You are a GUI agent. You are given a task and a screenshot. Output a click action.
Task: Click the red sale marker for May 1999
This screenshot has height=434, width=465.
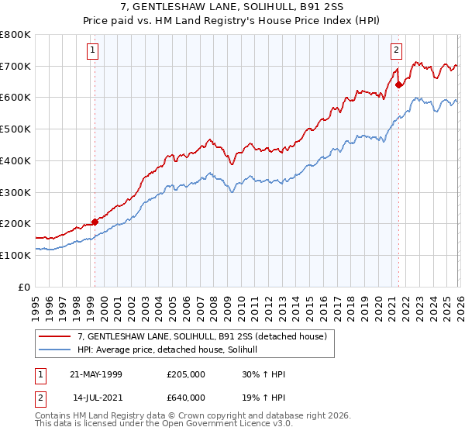(95, 222)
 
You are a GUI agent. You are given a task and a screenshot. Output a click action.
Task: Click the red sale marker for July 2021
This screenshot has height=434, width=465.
(398, 85)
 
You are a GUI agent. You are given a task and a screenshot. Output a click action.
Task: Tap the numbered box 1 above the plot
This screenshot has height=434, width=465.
(92, 50)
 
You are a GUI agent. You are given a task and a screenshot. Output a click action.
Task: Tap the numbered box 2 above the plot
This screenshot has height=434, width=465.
(396, 50)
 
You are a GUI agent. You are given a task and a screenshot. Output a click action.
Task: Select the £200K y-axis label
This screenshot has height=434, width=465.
(15, 223)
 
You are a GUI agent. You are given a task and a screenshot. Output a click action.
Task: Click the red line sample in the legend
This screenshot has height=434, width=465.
(55, 336)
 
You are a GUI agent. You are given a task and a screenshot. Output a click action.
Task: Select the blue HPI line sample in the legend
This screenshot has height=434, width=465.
(55, 350)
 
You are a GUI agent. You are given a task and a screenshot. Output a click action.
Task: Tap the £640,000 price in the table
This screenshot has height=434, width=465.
(185, 397)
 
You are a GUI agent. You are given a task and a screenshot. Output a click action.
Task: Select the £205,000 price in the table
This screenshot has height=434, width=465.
(185, 374)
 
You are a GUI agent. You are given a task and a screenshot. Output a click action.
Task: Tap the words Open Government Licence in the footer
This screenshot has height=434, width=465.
(217, 425)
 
